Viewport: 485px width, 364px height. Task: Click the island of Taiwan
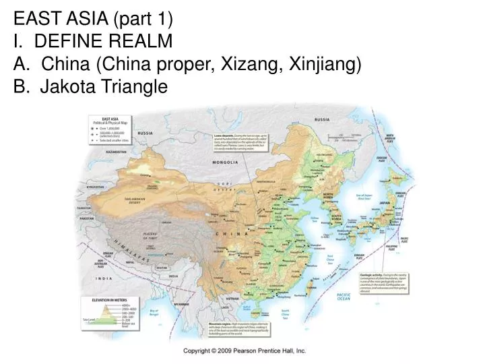[311, 284]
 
